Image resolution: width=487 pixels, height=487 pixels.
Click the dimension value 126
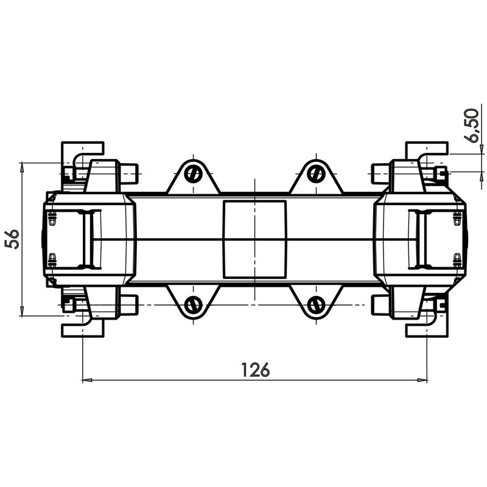(x=255, y=370)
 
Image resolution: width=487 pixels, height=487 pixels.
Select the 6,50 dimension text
(x=472, y=126)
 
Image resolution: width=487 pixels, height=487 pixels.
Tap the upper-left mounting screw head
(x=193, y=173)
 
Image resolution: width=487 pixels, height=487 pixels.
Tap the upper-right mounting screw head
(x=315, y=173)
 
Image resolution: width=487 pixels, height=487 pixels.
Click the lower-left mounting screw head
(x=193, y=304)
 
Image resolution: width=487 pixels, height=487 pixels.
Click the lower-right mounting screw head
(x=315, y=304)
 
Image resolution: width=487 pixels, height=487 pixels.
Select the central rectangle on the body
(x=254, y=239)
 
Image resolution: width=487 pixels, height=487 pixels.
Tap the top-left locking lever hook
(x=82, y=152)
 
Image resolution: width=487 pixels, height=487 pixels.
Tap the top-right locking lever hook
(x=427, y=152)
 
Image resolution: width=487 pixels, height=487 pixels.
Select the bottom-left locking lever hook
(x=82, y=326)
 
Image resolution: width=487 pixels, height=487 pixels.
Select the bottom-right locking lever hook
(x=427, y=326)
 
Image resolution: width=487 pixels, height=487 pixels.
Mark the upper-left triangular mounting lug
(x=193, y=180)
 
